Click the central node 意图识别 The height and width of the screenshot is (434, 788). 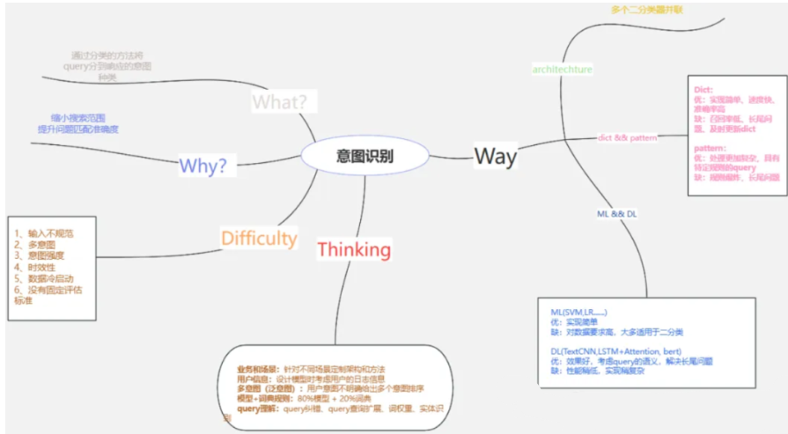365,156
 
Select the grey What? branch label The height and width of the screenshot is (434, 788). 280,101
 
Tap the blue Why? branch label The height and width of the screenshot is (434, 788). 203,165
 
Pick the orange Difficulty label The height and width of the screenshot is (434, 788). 259,238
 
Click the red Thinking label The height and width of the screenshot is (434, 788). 354,249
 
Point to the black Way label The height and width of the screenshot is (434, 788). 496,156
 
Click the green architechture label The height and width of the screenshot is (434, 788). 563,69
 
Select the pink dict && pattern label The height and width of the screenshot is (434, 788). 627,137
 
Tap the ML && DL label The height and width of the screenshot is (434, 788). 617,214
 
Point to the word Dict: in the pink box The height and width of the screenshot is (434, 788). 703,90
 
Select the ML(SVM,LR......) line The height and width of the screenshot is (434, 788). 578,313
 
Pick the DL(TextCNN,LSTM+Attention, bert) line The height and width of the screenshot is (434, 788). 616,350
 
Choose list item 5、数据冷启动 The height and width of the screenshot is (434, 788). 44,278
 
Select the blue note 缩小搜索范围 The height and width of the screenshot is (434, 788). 78,118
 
